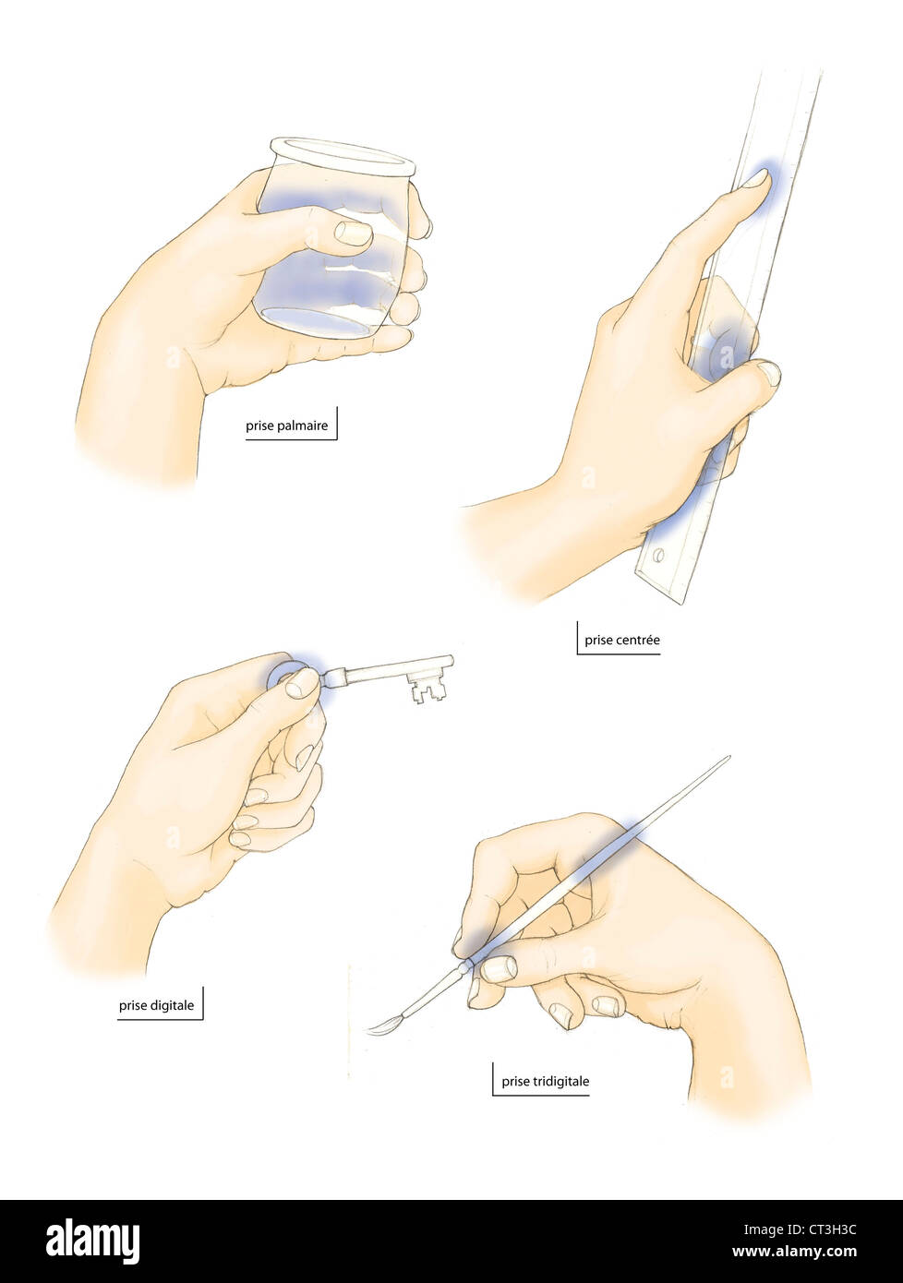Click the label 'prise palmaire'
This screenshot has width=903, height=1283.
click(x=286, y=426)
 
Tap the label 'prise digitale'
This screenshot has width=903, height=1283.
click(x=156, y=1005)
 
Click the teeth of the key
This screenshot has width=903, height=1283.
click(x=425, y=688)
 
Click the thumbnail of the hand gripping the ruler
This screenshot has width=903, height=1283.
click(x=766, y=374)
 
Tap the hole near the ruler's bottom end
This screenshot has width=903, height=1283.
click(x=658, y=557)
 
